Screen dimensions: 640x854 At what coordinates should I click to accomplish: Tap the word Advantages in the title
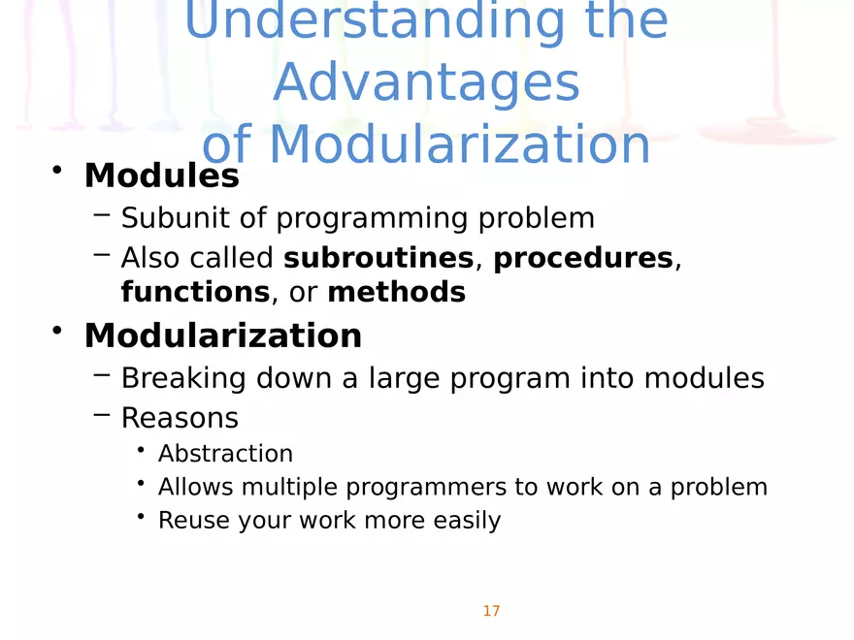(x=426, y=83)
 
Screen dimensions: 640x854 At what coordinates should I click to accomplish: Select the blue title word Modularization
(x=459, y=145)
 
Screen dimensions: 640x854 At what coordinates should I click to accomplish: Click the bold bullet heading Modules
(x=161, y=176)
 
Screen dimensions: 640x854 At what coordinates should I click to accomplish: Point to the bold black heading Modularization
(x=222, y=336)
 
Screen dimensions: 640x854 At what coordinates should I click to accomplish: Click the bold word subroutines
(x=378, y=258)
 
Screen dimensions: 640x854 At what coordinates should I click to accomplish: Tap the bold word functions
(x=194, y=292)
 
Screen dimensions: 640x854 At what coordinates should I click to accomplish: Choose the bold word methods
(x=396, y=292)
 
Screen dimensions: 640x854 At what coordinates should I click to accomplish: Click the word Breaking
(x=183, y=377)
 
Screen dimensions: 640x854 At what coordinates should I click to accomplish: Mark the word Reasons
(x=180, y=418)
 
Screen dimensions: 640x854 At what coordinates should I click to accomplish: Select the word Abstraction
(x=225, y=454)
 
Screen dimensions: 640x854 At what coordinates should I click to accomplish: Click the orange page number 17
(x=491, y=611)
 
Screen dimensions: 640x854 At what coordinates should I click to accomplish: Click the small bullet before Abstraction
(x=142, y=450)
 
